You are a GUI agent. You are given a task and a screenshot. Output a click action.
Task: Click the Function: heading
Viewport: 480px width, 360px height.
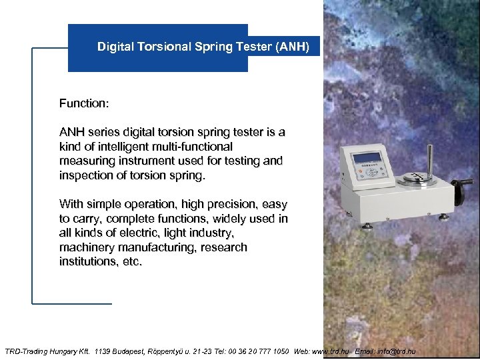click(84, 103)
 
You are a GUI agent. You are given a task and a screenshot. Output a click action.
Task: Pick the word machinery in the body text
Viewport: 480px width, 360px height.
click(86, 247)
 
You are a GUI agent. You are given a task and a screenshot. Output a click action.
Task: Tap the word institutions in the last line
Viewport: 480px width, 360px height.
click(85, 262)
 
